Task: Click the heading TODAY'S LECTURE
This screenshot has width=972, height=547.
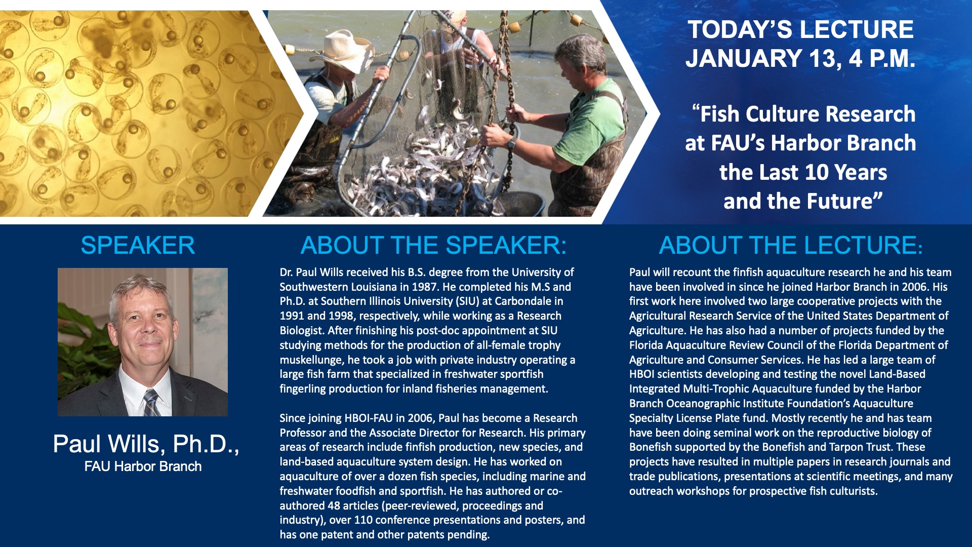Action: (x=800, y=29)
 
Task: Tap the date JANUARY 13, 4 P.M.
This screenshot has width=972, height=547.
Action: (x=800, y=58)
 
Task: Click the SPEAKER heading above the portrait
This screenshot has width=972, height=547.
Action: (x=138, y=246)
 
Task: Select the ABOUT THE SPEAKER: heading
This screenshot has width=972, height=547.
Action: (x=433, y=246)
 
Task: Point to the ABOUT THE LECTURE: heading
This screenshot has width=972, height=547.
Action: (x=791, y=246)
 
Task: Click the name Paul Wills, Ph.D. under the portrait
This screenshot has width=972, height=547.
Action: (x=146, y=444)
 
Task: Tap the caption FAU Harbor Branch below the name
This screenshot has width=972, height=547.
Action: (x=143, y=466)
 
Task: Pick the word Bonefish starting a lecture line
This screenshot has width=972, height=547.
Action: (x=650, y=447)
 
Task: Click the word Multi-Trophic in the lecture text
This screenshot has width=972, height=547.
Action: (x=718, y=389)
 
